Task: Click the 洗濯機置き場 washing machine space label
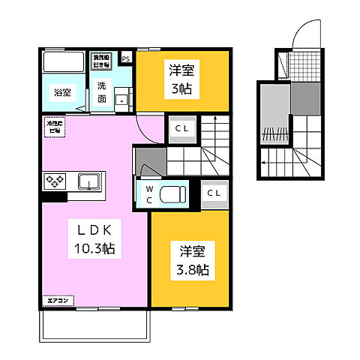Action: point(100,58)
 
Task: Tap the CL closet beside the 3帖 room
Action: point(181,127)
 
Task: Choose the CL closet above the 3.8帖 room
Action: point(214,193)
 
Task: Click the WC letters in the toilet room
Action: point(149,193)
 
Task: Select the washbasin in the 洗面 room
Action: point(123,98)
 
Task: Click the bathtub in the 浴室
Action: point(64,61)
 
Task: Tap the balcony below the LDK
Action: point(94,324)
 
